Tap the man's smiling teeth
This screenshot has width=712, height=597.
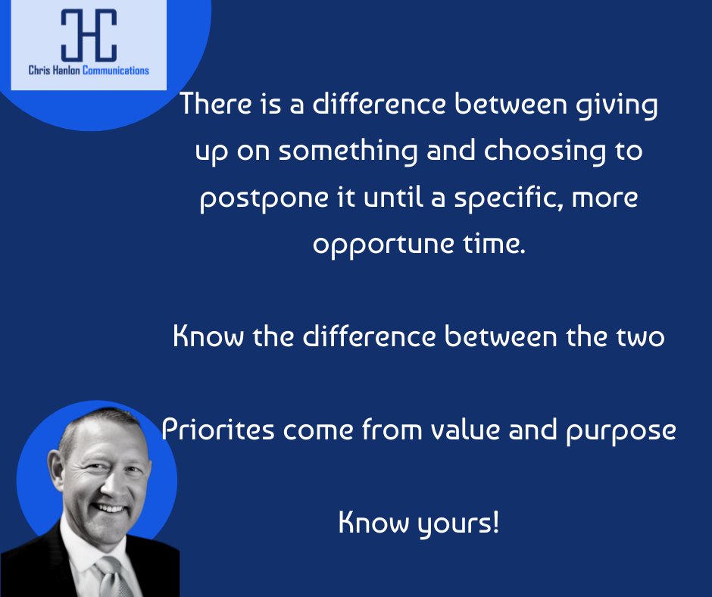pyautogui.click(x=111, y=509)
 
